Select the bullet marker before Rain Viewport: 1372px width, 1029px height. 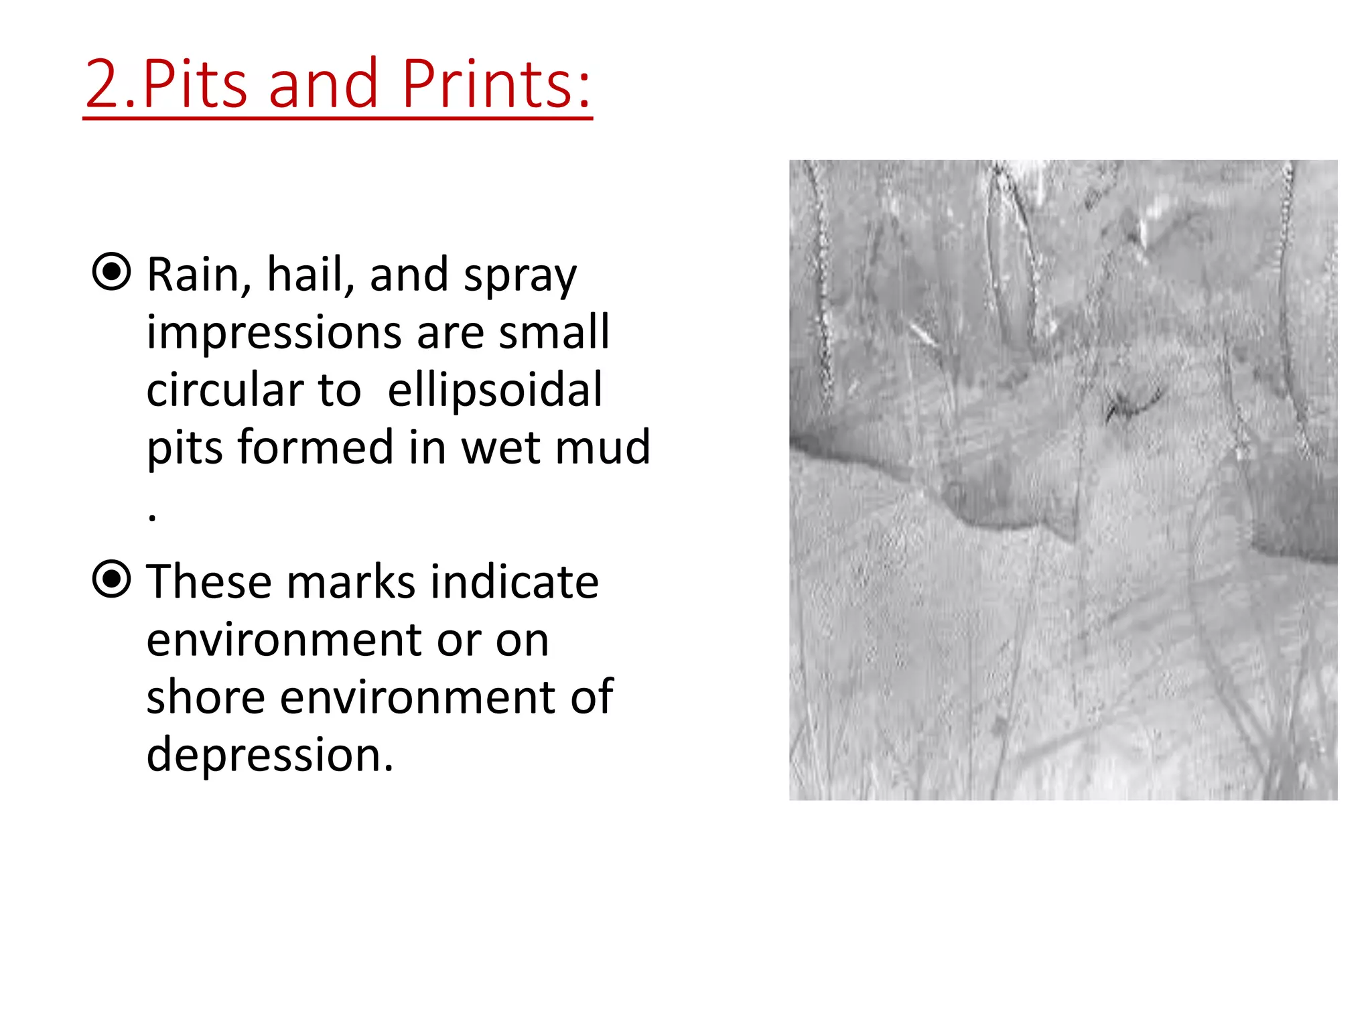point(111,272)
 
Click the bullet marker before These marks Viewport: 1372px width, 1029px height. point(111,579)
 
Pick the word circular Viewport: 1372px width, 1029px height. point(225,390)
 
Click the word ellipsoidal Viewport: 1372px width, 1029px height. point(495,390)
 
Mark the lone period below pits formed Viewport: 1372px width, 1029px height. point(153,517)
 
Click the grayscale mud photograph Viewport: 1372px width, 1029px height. point(1063,480)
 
